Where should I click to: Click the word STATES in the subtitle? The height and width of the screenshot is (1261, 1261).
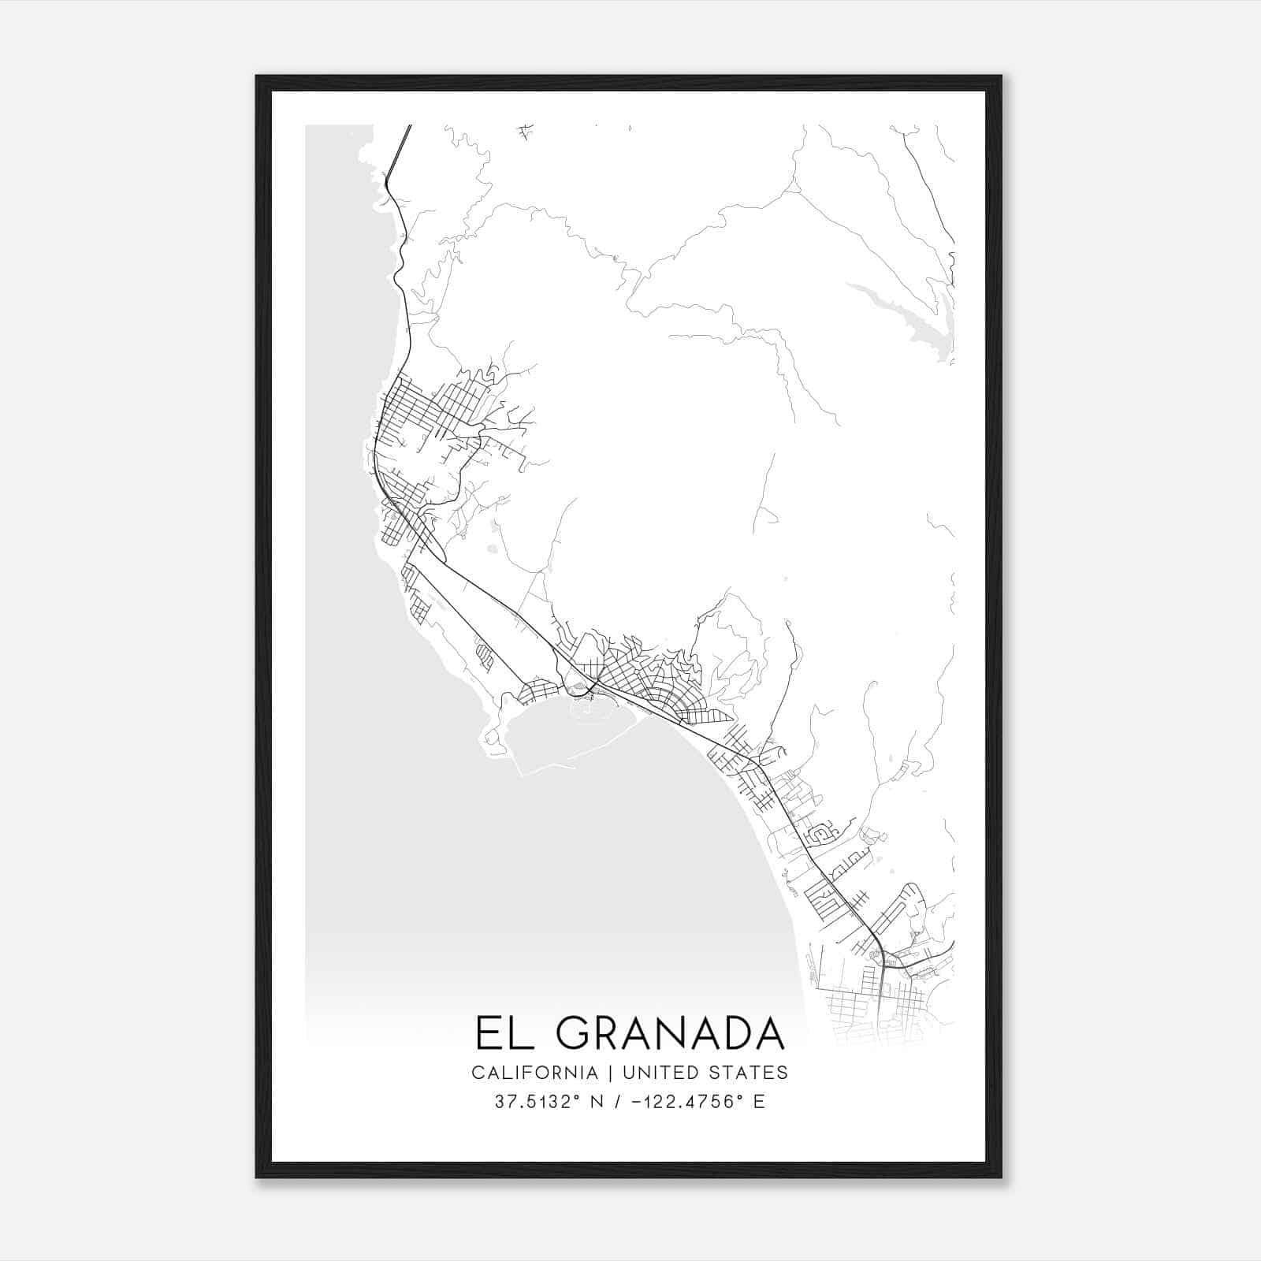click(x=749, y=1073)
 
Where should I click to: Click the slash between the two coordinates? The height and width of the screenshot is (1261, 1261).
click(x=613, y=1102)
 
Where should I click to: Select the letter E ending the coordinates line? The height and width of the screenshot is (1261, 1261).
click(x=759, y=1102)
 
